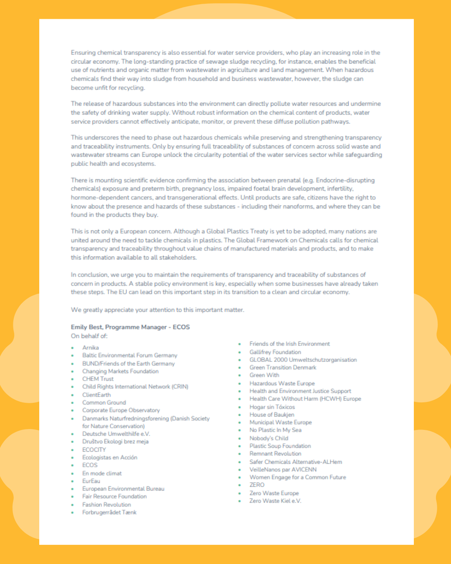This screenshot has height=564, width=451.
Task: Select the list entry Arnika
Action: coord(91,348)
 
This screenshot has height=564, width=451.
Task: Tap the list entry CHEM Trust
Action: coord(98,379)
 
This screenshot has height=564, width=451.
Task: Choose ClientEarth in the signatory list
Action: coord(96,395)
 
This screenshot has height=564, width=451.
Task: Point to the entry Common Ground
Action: coord(104,402)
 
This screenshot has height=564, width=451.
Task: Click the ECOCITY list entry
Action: coord(94,450)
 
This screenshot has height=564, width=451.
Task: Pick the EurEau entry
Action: coord(91,481)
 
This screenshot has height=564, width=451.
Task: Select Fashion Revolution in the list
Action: coord(106,505)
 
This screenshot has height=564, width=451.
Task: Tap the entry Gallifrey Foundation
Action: coord(275,352)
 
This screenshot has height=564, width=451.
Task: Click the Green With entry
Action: coord(264,375)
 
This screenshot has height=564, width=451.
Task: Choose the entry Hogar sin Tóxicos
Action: coord(272,407)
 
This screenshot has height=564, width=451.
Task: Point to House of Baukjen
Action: coord(272,414)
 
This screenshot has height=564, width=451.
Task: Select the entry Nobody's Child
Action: coord(269,438)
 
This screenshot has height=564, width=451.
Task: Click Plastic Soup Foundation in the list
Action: coord(280,446)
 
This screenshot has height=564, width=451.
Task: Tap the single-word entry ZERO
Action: coord(257,485)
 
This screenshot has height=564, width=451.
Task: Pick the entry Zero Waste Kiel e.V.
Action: coord(275,501)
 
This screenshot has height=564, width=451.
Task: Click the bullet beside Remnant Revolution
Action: coord(240,454)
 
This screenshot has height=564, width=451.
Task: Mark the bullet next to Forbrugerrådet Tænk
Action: coord(72,513)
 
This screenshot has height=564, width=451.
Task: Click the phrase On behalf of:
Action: coord(89,336)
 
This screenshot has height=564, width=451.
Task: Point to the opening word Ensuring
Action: coord(83,53)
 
